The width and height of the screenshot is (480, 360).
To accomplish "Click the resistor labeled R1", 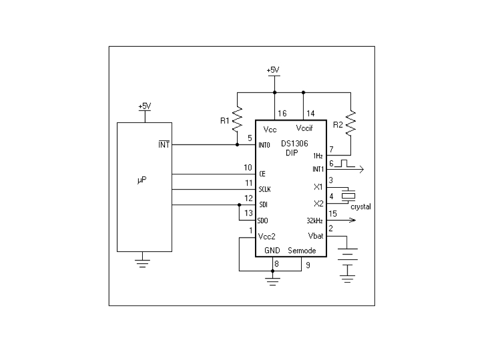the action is (x=237, y=119).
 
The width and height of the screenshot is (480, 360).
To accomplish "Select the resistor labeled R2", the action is (x=351, y=123).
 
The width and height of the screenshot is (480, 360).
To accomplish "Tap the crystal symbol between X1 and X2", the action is (x=349, y=196).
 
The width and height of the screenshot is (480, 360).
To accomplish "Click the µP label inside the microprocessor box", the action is (x=142, y=179).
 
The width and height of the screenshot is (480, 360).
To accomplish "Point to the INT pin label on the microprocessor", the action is (x=164, y=145).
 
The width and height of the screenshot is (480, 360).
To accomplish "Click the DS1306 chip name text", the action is (x=295, y=143).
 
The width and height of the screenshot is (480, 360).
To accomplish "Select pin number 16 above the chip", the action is (x=282, y=113).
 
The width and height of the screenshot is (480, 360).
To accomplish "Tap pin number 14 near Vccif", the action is (x=310, y=113).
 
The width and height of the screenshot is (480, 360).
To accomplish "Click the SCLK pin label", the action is (x=265, y=190).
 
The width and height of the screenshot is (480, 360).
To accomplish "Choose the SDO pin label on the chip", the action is (x=263, y=220).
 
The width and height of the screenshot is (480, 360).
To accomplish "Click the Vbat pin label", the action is (x=316, y=236).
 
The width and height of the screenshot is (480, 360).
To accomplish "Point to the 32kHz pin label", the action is (x=314, y=221).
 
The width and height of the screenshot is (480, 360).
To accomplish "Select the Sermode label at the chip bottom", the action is (x=302, y=251).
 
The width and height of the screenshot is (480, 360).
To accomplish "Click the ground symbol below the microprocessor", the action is (x=142, y=263).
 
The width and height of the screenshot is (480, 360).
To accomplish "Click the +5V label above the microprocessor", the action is (x=145, y=106).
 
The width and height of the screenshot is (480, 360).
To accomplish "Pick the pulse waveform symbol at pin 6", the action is (x=344, y=163).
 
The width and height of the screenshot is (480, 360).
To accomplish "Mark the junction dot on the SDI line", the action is (x=239, y=205).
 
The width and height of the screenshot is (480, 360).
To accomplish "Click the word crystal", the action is (x=361, y=207).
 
